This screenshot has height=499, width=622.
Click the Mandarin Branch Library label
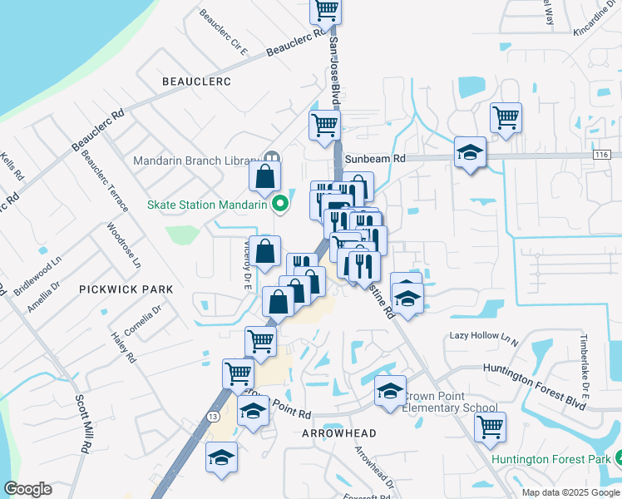(195, 161)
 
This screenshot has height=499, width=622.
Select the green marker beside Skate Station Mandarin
(282, 203)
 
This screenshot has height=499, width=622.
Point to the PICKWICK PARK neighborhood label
(126, 289)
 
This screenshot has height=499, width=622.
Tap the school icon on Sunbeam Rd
(470, 152)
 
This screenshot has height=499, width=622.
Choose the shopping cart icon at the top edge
(326, 10)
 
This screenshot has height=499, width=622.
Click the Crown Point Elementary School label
(449, 403)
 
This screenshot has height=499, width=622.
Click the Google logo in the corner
(28, 488)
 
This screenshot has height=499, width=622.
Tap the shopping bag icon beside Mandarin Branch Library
(265, 176)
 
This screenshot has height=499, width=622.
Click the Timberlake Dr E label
(585, 358)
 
